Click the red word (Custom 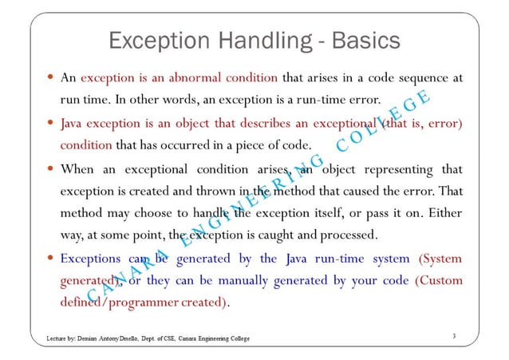(437, 281)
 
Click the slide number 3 (452, 336)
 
